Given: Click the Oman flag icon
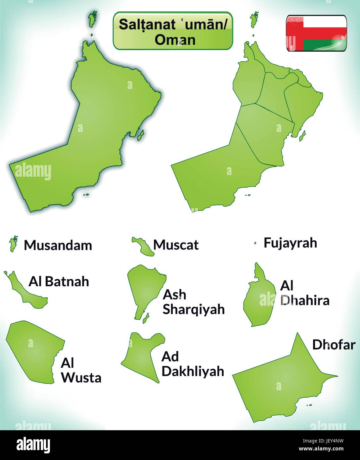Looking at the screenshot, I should [316, 33].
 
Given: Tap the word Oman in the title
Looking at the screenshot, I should [175, 40].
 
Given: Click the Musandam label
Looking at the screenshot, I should [58, 245].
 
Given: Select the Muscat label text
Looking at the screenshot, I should [176, 245].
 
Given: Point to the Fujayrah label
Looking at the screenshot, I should [290, 243].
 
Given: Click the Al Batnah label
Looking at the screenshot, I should [59, 281].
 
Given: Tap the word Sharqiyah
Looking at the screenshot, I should [194, 309].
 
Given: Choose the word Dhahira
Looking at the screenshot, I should [305, 300].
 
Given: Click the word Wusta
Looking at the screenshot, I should [81, 378].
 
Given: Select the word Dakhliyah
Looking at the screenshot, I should [193, 371].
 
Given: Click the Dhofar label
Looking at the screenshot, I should [334, 345].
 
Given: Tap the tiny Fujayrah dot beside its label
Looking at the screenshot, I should [255, 243].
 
